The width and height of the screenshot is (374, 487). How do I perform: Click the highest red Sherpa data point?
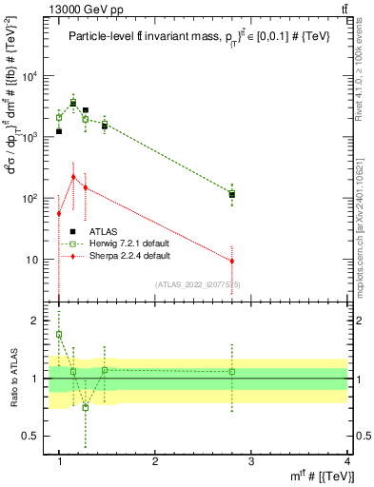pyautogui.click(x=73, y=176)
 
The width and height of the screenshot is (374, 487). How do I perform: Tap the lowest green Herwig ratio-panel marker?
pyautogui.click(x=85, y=407)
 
